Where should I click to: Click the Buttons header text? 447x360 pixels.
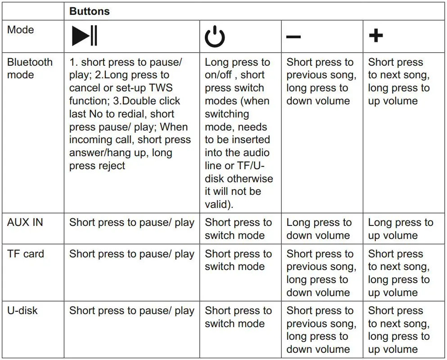[90, 12]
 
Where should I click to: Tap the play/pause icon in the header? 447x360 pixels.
[84, 36]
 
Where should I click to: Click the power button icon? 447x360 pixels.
[215, 36]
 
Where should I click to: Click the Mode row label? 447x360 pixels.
[20, 30]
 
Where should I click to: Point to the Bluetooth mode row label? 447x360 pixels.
[30, 68]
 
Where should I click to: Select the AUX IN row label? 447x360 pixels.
[25, 222]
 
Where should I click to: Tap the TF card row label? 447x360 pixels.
[26, 254]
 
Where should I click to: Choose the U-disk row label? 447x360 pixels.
[23, 310]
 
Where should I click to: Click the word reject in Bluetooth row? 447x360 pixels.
[109, 166]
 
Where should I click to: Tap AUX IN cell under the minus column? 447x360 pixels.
[319, 229]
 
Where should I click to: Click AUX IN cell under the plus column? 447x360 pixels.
[400, 229]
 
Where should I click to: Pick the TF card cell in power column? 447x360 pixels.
[238, 260]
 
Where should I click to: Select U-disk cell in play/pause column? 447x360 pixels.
[131, 310]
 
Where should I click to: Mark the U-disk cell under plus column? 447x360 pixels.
[398, 330]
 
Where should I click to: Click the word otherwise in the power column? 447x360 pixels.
[250, 179]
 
